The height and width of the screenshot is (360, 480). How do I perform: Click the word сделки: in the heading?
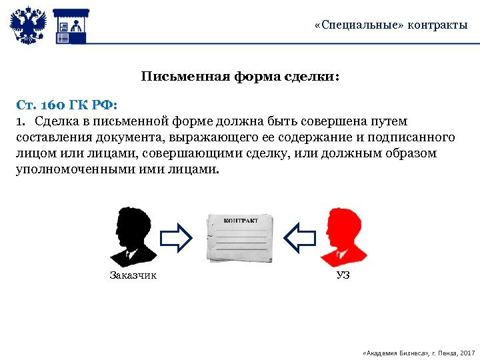pyautogui.click(x=313, y=77)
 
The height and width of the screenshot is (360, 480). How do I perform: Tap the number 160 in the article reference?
pyautogui.click(x=55, y=105)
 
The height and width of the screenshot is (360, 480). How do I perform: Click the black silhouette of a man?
pyautogui.click(x=133, y=237)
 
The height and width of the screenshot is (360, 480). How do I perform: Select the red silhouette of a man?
pyautogui.click(x=343, y=237)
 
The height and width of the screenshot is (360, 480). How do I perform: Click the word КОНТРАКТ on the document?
pyautogui.click(x=241, y=220)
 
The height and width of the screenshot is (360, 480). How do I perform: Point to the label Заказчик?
pyautogui.click(x=133, y=275)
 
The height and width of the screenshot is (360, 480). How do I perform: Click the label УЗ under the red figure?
pyautogui.click(x=343, y=275)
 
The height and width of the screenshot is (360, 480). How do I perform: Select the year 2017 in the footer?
pyautogui.click(x=467, y=351)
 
